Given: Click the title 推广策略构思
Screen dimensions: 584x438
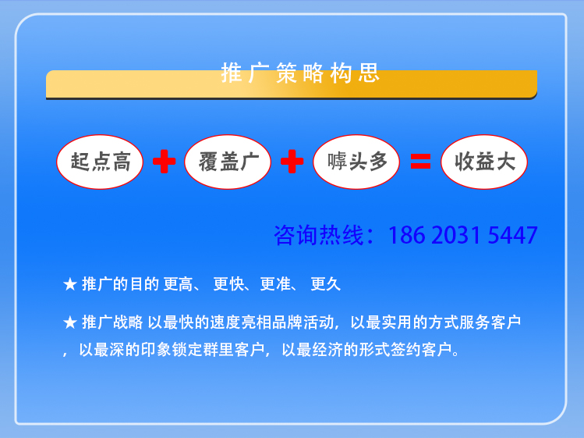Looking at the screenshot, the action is point(300,73).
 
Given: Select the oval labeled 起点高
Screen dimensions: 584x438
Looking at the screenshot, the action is point(100,162).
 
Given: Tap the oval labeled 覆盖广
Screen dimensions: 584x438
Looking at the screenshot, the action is point(228,162).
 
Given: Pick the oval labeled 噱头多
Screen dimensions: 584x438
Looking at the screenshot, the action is point(356,162).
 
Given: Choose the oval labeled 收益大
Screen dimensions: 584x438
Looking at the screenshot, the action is point(484,162).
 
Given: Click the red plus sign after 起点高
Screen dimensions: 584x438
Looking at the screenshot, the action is point(165,162).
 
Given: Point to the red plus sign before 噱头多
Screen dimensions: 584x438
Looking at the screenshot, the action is point(292,162).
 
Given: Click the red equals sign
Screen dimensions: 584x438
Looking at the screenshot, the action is point(420,162).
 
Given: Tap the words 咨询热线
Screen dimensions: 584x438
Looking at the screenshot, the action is point(318,235).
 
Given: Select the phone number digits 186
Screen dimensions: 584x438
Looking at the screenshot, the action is point(407,236).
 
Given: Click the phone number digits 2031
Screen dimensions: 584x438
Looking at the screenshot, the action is point(456,236).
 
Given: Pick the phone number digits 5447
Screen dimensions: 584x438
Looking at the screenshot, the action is point(512,236).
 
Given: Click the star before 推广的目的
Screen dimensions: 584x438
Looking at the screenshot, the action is point(70,284).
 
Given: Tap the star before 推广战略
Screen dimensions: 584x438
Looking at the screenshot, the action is point(70,322).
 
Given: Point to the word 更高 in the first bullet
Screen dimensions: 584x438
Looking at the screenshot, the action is point(178,284).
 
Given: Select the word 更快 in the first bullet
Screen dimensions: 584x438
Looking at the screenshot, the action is point(228,284).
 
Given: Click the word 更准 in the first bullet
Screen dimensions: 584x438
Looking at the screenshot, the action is point(275,284).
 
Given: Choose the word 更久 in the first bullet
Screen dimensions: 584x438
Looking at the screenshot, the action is point(325,284).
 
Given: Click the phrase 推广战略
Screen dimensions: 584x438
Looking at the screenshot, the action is point(112,322).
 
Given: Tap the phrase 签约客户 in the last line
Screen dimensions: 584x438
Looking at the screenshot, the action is point(421,350).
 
